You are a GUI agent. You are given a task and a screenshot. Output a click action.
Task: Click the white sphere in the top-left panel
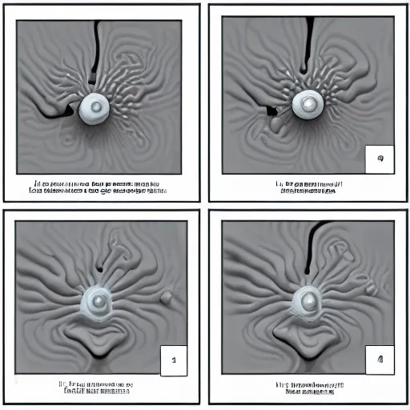click(x=94, y=107)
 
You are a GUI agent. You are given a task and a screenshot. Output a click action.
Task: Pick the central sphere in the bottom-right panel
click(x=307, y=300)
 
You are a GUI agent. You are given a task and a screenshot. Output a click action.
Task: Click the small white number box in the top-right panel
click(x=378, y=159)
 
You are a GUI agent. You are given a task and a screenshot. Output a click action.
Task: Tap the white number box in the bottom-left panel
click(x=174, y=360)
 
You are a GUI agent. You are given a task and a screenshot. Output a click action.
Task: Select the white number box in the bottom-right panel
click(x=379, y=359)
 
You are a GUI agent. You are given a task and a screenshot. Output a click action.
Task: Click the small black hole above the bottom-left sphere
click(x=100, y=267)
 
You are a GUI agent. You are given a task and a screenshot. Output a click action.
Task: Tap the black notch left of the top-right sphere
click(x=271, y=110)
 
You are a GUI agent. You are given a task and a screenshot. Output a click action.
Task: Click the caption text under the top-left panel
click(x=98, y=188)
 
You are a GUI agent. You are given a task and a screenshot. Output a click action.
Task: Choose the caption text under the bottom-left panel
click(x=98, y=389)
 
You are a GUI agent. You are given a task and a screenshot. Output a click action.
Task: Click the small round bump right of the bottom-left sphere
click(x=167, y=298)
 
